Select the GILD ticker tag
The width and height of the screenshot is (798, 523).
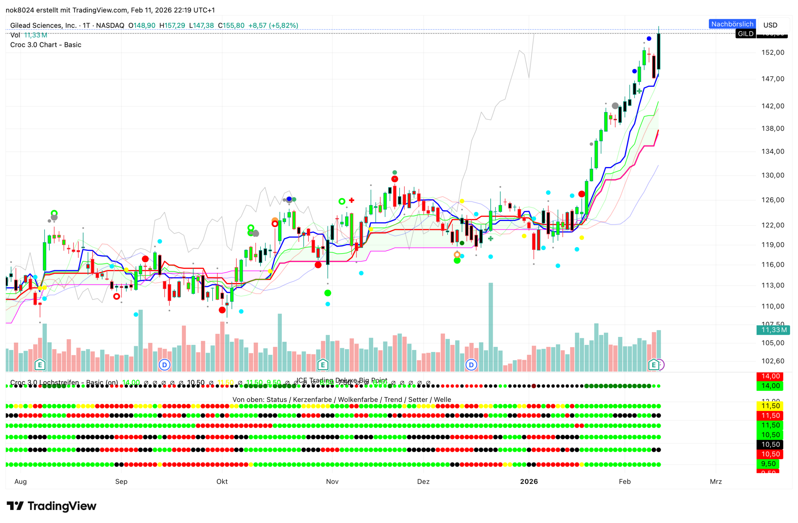coord(745,34)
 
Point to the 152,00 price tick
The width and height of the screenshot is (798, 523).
coord(772,53)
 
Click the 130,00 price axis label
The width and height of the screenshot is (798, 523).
coord(772,175)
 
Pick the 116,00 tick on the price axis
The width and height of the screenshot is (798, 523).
coord(772,265)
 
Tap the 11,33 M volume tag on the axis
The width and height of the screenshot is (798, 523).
coord(772,330)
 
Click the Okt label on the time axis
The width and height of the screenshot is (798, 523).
coord(222,482)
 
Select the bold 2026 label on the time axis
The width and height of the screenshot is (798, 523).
coord(529,482)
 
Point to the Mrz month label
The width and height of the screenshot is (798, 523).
coord(716,482)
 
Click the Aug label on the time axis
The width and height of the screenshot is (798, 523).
coord(20,482)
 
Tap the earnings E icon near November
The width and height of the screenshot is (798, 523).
coord(323,365)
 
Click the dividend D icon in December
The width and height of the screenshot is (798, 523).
coord(471,365)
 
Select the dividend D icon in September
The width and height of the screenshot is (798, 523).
coord(164,365)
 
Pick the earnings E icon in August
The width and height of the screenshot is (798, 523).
coord(40,365)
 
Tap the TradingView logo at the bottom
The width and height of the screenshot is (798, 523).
coord(52,506)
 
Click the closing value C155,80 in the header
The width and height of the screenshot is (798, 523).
coord(231,26)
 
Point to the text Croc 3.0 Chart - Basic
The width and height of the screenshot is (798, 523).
coord(46,45)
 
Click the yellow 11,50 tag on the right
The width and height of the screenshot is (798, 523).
coord(770,406)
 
